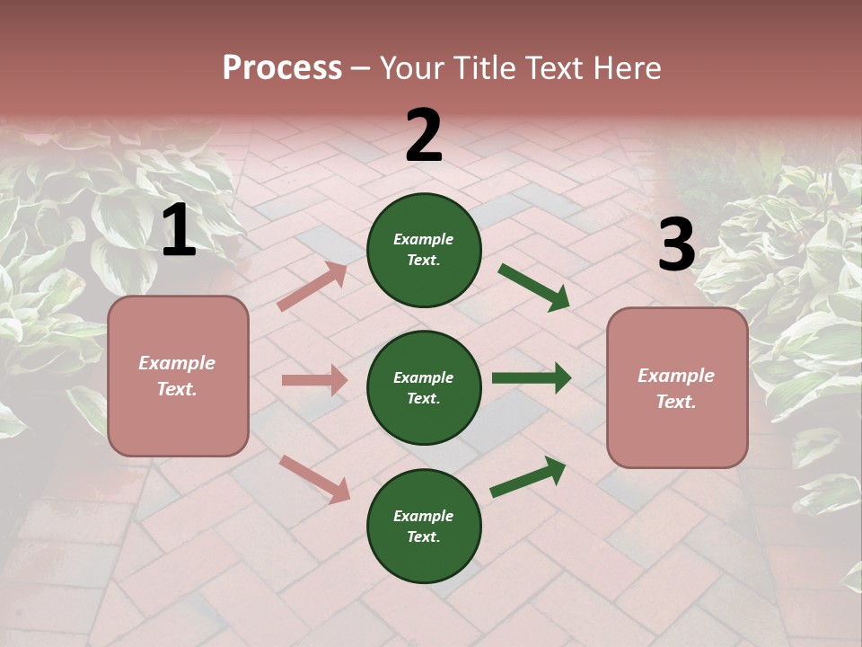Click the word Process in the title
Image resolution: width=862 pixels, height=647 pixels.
pyautogui.click(x=282, y=68)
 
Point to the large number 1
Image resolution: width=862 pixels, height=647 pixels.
pyautogui.click(x=179, y=231)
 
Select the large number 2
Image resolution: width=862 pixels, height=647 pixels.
pyautogui.click(x=424, y=137)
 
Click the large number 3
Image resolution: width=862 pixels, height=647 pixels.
pyautogui.click(x=676, y=245)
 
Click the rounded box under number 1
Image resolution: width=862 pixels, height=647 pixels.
pyautogui.click(x=178, y=376)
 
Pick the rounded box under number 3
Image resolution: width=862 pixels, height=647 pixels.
pyautogui.click(x=677, y=387)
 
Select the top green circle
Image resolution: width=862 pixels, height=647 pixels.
pyautogui.click(x=424, y=250)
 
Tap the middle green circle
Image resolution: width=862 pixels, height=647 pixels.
pyautogui.click(x=424, y=387)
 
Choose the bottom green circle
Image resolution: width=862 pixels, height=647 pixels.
pyautogui.click(x=424, y=526)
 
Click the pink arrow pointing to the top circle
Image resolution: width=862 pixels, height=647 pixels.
pyautogui.click(x=312, y=287)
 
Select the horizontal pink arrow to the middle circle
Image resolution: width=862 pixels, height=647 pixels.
pyautogui.click(x=314, y=380)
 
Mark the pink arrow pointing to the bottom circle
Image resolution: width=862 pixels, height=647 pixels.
pyautogui.click(x=314, y=478)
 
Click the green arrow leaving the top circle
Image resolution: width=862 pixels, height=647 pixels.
pyautogui.click(x=533, y=287)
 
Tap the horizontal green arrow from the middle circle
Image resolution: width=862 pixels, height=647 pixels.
pyautogui.click(x=531, y=378)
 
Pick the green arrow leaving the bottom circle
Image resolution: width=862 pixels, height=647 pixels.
pyautogui.click(x=528, y=477)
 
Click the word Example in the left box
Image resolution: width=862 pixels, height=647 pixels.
pyautogui.click(x=177, y=363)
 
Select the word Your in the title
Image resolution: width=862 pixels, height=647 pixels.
pyautogui.click(x=412, y=68)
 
